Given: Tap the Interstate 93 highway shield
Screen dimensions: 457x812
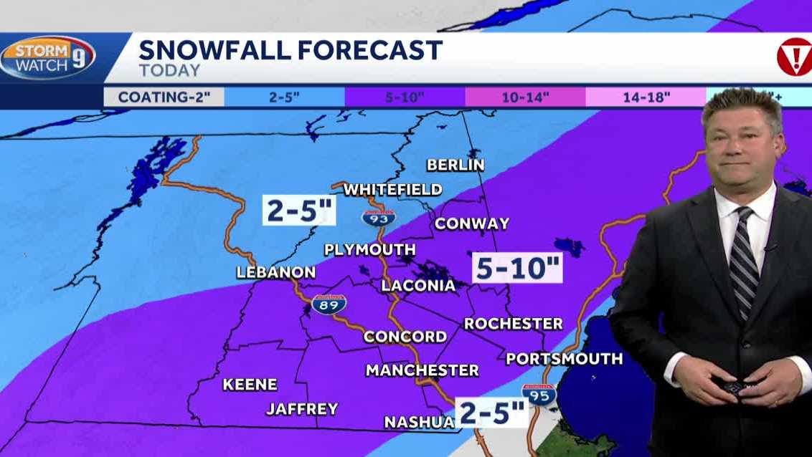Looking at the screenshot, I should point(377,217).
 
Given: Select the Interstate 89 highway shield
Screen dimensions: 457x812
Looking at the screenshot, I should point(329,304).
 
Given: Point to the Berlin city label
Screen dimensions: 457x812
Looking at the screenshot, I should point(455,165).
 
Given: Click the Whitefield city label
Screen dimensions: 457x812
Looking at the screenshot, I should point(392,190).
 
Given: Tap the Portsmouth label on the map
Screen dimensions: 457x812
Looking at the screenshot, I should point(565,359).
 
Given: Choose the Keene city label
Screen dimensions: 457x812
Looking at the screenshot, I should point(250,385).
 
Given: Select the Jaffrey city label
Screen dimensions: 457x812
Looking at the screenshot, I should point(302,409).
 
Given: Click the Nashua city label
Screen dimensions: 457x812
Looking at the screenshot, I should point(419,422).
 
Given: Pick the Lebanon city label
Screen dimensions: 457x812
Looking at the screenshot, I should point(276,272).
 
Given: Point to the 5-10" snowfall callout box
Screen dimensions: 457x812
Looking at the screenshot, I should point(516,269).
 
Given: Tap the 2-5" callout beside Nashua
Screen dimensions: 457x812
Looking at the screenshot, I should point(493,413).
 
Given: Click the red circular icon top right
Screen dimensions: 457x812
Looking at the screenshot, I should point(794,57).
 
